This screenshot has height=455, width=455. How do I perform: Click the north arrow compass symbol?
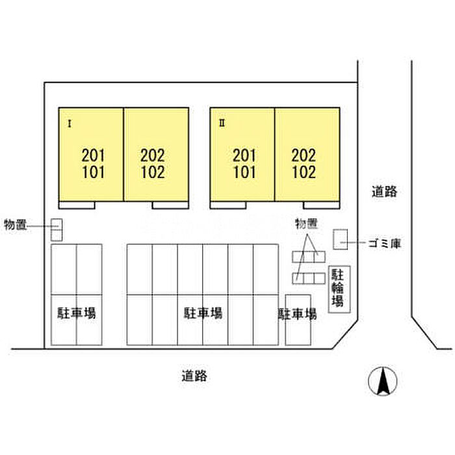coord(382,381)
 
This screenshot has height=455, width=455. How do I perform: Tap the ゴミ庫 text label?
coord(385,243)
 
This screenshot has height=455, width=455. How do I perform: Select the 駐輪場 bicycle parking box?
coord(339,289)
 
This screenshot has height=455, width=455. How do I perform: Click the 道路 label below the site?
coord(194,376)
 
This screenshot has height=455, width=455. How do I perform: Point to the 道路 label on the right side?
coord(384,192)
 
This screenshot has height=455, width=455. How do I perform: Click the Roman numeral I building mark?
coord(70,124)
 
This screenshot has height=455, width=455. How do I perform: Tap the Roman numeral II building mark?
coord(222,123)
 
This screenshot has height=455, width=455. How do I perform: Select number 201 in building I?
coord(93,155)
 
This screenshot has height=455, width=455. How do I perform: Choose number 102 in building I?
coord(153,172)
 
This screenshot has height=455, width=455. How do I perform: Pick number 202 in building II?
coord(304,155)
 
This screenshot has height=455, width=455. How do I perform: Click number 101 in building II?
coord(244,172)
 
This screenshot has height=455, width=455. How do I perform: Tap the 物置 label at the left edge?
coord(16,225)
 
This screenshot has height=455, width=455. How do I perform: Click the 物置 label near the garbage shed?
coord(306,224)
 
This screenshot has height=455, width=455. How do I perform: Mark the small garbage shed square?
coord(340,239)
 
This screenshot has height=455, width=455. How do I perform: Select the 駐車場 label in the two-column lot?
coord(76,313)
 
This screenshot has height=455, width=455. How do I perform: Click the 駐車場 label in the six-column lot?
coord(203,313)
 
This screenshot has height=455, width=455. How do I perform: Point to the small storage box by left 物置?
coord(57,230)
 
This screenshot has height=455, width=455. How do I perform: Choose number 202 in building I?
coord(153,155)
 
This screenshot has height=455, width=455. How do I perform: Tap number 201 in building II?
coord(244,155)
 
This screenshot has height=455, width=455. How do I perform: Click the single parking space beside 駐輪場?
coord(298,320)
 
